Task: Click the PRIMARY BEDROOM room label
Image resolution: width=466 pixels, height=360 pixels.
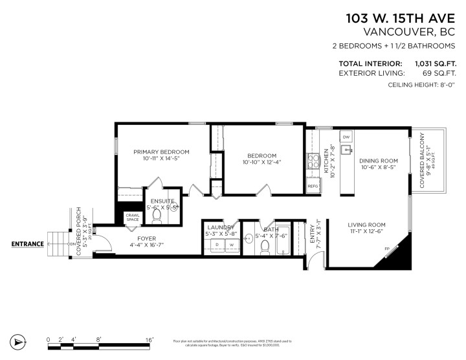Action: (x=161, y=152)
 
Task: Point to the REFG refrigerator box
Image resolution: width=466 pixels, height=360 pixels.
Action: (x=313, y=186)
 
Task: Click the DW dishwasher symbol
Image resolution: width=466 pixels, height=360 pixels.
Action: (x=346, y=138)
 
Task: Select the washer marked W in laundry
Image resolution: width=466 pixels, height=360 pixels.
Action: (x=230, y=245)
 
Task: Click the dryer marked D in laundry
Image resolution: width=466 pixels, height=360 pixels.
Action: (x=217, y=245)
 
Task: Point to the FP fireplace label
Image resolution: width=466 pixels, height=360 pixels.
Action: (x=387, y=249)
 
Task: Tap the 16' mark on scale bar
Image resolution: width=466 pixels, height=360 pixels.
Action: (x=149, y=339)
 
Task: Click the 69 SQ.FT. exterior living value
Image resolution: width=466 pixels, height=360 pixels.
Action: (x=438, y=74)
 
